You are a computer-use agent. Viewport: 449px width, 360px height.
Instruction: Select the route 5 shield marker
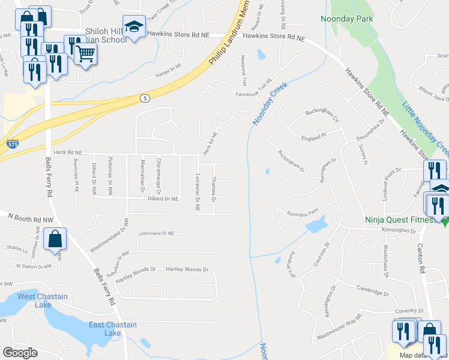click(x=144, y=97)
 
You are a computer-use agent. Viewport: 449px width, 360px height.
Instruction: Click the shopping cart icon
click(x=86, y=53)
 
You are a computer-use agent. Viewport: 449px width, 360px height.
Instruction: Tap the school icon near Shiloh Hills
click(x=135, y=27)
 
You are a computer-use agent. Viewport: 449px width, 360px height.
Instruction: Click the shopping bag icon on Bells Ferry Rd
click(x=55, y=238)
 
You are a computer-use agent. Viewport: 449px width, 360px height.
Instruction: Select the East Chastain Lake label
click(x=112, y=329)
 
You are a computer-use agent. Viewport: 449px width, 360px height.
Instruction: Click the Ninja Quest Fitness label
click(x=402, y=220)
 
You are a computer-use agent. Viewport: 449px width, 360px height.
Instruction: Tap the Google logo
click(x=20, y=353)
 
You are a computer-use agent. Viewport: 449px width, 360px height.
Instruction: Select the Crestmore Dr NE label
click(x=156, y=233)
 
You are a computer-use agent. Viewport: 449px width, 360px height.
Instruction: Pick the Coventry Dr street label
click(x=410, y=311)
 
